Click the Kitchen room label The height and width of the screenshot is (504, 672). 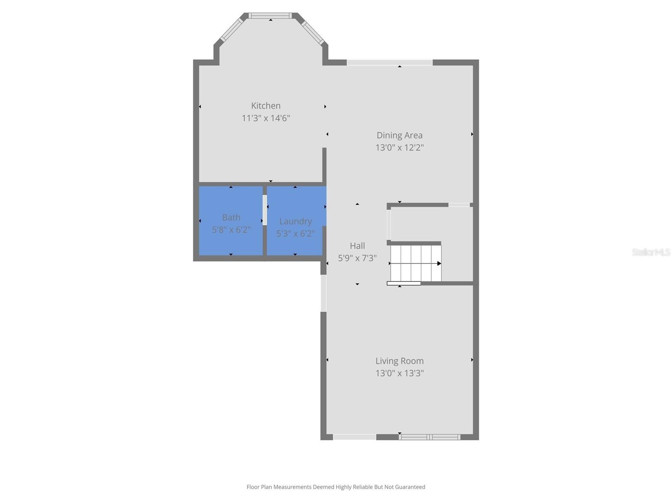265,106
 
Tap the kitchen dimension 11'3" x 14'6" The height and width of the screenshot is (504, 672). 265,118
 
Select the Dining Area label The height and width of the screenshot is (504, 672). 399,135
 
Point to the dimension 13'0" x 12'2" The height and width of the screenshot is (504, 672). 399,147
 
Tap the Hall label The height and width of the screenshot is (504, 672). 357,246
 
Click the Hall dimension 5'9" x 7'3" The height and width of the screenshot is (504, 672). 357,258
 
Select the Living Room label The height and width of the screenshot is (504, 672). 399,361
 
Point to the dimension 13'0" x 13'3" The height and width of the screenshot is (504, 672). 399,373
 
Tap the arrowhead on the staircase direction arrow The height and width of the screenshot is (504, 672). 439,263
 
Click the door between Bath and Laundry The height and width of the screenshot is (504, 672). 265,210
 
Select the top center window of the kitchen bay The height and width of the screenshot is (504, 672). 270,16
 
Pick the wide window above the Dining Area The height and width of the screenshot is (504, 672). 389,63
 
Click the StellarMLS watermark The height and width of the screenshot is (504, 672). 651,252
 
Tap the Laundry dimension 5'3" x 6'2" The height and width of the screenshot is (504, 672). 295,234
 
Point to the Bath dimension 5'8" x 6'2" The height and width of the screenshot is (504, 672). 231,230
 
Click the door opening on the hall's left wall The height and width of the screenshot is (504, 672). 323,293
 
